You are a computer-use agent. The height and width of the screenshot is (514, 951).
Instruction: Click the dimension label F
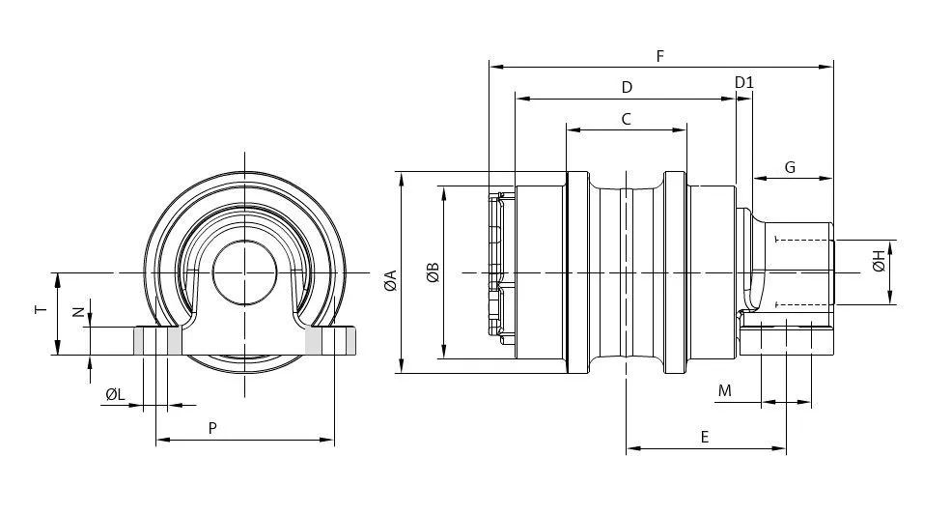(x=660, y=56)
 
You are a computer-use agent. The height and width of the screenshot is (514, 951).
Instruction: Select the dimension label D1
(x=744, y=82)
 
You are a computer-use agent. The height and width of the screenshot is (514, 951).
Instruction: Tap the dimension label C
(x=627, y=119)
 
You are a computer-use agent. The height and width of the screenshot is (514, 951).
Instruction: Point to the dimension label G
(x=790, y=167)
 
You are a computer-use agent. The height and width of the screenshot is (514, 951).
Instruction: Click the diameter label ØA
(x=391, y=280)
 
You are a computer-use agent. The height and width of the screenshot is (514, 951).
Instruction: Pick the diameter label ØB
(x=433, y=272)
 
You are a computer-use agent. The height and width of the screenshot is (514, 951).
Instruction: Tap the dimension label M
(x=725, y=390)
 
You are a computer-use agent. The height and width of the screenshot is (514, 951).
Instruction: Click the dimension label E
(x=704, y=437)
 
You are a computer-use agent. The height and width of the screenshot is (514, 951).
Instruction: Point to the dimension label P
(x=212, y=428)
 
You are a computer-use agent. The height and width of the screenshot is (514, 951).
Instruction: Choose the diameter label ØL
(x=115, y=394)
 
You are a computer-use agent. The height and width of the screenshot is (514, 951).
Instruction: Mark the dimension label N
(x=78, y=312)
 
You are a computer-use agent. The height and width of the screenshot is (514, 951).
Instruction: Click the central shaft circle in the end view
(x=244, y=272)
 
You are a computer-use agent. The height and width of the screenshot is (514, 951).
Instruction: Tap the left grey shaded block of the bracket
(x=158, y=340)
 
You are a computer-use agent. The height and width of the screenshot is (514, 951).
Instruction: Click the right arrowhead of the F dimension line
(x=826, y=67)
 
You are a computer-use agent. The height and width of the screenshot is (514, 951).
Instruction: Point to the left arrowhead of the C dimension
(x=573, y=129)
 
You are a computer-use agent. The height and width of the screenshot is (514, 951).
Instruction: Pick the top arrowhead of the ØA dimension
(x=401, y=180)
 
